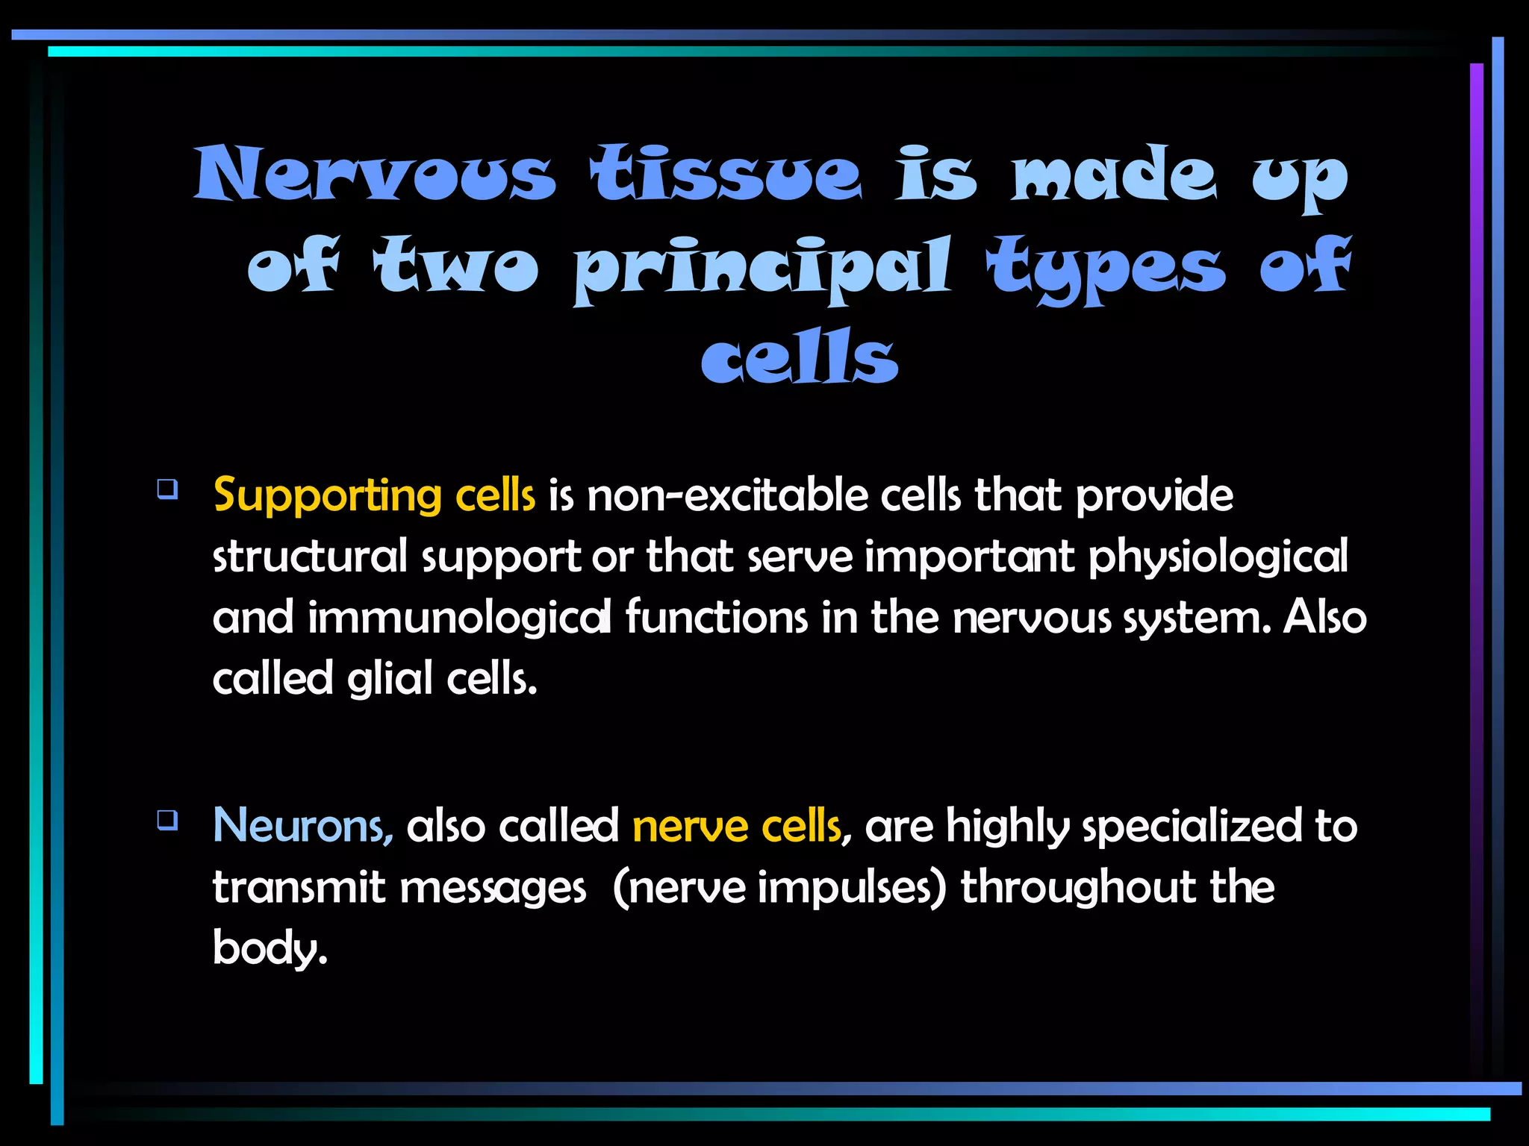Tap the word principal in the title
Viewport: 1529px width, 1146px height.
click(762, 267)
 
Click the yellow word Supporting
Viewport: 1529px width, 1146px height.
click(327, 496)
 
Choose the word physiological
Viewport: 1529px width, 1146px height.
click(1218, 557)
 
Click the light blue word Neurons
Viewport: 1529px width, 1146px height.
click(302, 826)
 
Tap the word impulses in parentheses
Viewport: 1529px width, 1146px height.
click(851, 888)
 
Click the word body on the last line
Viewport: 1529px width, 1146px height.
click(269, 949)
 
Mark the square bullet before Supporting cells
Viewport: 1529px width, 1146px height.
click(167, 489)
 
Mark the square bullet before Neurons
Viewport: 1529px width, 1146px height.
click(167, 820)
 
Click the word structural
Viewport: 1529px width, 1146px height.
click(310, 557)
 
